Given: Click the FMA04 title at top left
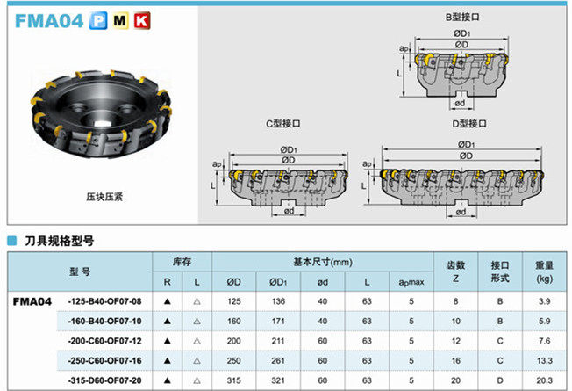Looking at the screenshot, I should pos(43,19).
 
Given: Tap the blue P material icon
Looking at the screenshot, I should pos(94,19).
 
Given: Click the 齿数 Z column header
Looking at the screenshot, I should pos(455,271).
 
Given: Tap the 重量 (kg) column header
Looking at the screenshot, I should pos(544,271).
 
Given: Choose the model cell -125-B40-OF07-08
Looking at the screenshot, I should pos(104,301).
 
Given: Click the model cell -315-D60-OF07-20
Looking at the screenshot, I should pos(104,379).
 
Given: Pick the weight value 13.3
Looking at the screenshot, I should pos(544,359).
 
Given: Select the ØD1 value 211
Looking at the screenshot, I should pos(277,340).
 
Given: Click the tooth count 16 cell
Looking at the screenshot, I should pos(455,359).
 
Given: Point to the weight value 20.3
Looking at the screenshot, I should pos(544,379).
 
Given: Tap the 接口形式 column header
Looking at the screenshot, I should pos(500,271).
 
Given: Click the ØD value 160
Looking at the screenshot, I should pos(233,321).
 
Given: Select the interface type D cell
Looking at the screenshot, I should pos(500,379).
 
